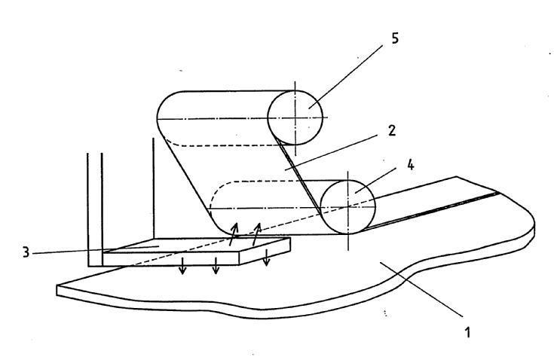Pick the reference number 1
point(469,331)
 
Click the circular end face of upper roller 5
point(296,117)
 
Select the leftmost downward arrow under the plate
point(182,268)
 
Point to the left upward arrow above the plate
point(234,232)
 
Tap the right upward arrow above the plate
point(257,232)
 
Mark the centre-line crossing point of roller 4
point(348,206)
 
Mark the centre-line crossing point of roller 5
point(295,117)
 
